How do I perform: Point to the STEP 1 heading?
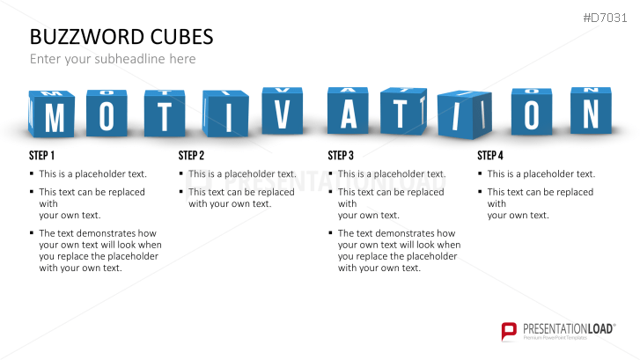click(x=41, y=155)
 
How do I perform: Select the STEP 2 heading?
click(x=191, y=155)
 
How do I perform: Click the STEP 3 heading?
click(x=341, y=155)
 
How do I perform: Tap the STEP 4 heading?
click(x=490, y=155)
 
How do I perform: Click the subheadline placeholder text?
click(x=113, y=59)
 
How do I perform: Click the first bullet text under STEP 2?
click(x=242, y=174)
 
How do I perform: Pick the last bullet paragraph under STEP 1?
click(x=99, y=251)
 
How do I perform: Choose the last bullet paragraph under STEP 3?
click(x=399, y=251)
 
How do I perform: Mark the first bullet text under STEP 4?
click(x=541, y=174)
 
